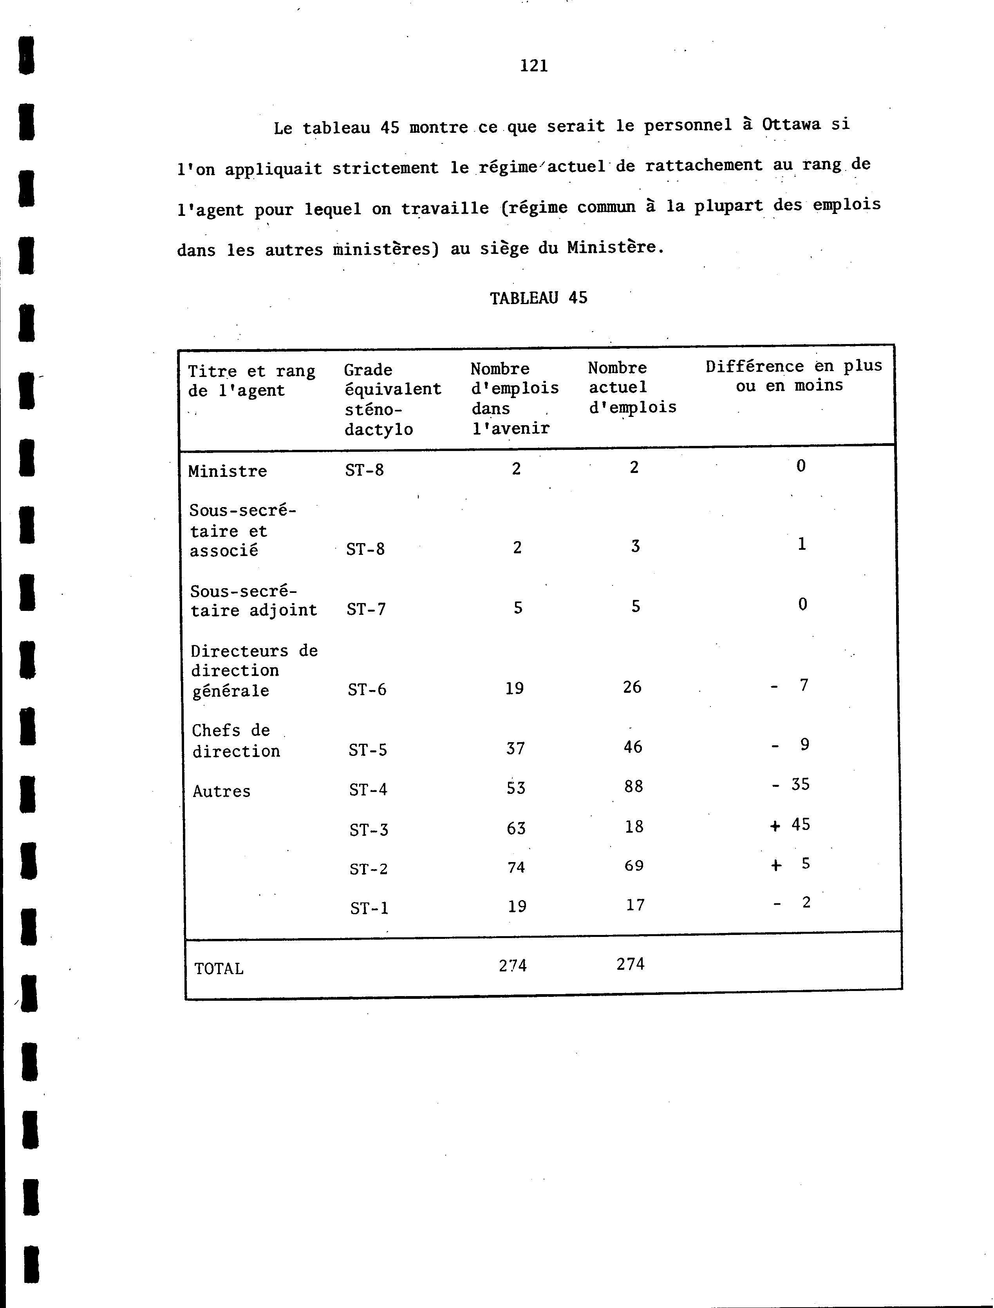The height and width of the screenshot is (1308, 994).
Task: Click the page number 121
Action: (534, 66)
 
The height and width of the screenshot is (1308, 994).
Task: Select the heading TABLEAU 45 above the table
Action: (539, 298)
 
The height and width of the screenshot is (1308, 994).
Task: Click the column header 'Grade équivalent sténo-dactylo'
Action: (392, 400)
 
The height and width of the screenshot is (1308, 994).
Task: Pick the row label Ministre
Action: (227, 471)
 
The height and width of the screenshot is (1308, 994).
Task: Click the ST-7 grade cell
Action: (366, 609)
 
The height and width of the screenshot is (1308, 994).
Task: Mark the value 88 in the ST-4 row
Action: (633, 786)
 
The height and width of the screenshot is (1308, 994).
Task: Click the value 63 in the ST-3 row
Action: (516, 828)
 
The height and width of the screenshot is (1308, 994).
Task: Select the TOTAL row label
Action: (219, 969)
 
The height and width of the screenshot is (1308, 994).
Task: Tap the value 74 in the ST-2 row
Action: (516, 867)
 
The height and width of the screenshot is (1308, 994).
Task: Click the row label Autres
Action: (221, 791)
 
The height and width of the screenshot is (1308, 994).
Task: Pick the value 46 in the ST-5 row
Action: (633, 747)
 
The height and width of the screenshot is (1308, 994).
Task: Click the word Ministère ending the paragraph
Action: (611, 247)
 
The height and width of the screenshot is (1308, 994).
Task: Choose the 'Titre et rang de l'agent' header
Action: (251, 380)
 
